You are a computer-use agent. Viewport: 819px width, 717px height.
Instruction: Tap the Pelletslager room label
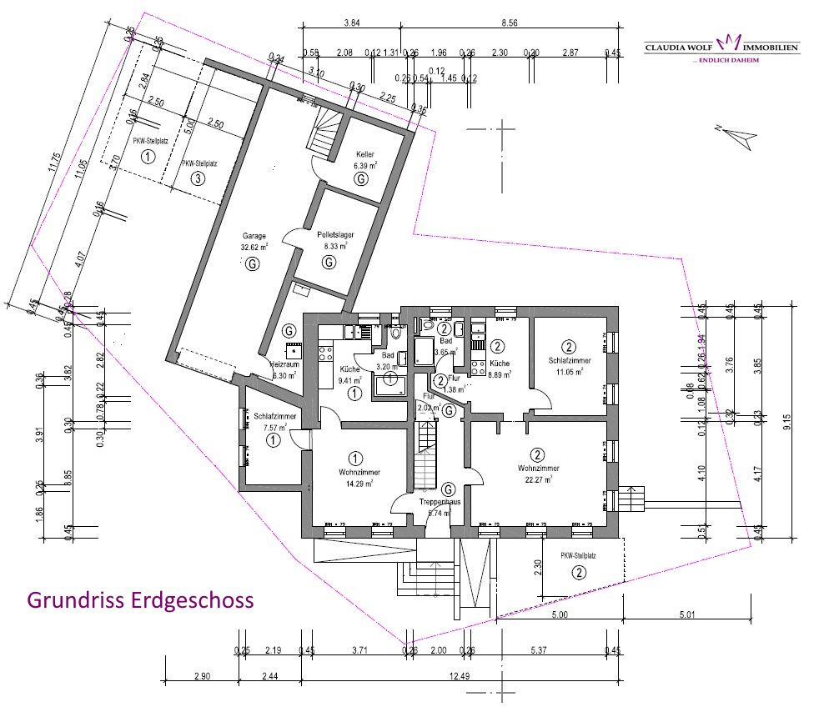[x=335, y=235]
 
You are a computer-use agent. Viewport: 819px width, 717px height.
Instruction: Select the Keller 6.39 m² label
[x=364, y=154]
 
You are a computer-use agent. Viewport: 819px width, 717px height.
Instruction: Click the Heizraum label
[x=285, y=364]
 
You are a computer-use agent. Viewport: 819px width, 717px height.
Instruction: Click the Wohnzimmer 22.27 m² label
[x=537, y=469]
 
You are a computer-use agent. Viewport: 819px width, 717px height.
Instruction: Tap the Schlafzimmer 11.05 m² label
[x=570, y=360]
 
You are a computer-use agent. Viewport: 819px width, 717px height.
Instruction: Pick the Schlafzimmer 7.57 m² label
[x=273, y=416]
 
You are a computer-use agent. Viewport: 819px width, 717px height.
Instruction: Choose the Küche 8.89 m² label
[x=500, y=364]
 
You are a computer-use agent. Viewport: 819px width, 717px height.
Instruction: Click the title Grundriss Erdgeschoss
[x=140, y=600]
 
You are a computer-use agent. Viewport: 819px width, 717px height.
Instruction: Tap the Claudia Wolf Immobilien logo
[x=722, y=48]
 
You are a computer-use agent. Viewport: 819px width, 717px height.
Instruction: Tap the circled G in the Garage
[x=250, y=264]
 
